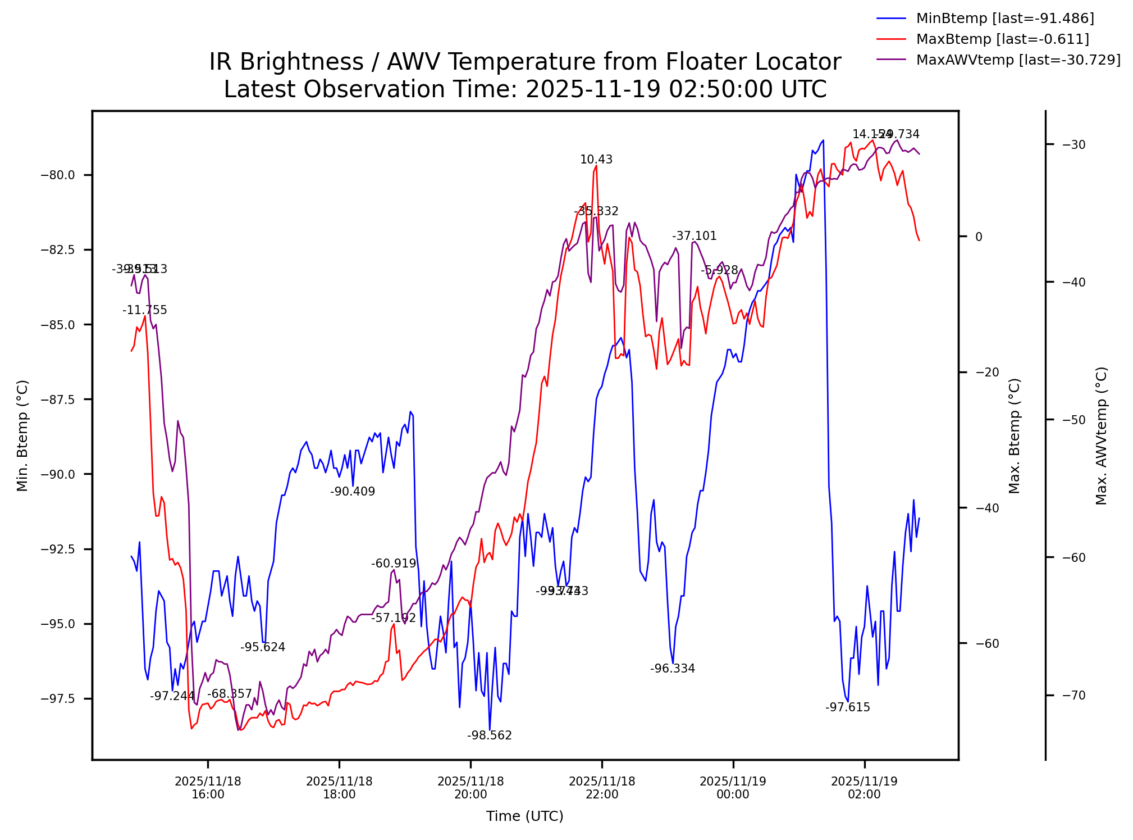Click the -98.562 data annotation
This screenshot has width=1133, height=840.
click(490, 735)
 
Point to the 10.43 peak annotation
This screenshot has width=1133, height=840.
click(596, 160)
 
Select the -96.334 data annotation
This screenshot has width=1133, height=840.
click(673, 669)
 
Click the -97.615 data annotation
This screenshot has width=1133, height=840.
click(848, 707)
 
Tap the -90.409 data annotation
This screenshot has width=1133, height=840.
click(353, 492)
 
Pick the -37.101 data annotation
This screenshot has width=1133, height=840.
click(695, 236)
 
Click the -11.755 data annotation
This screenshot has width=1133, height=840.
click(145, 310)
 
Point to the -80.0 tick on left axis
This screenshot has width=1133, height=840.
click(57, 175)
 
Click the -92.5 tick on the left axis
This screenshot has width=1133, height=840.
click(57, 550)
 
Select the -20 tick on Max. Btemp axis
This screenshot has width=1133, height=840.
click(988, 373)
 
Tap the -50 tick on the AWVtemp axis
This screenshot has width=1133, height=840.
click(1074, 420)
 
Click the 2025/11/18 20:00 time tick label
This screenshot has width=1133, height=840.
click(470, 788)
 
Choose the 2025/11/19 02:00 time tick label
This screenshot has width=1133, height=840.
click(865, 788)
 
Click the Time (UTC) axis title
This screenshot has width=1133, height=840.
click(525, 816)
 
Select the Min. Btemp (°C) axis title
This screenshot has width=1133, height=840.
click(22, 435)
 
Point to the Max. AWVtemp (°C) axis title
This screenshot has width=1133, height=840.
click(1102, 435)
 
